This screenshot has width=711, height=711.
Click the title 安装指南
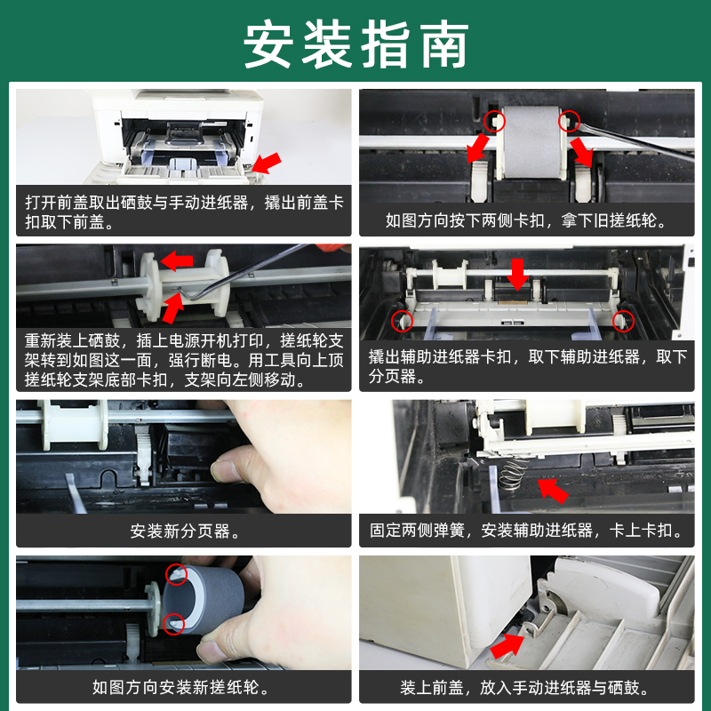click(x=356, y=44)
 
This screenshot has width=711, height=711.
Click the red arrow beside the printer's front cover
click(x=266, y=164)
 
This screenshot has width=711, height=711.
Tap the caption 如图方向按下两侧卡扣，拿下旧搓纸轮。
click(x=526, y=220)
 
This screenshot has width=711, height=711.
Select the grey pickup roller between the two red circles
click(x=531, y=142)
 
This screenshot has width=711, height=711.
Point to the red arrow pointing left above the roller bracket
click(x=177, y=261)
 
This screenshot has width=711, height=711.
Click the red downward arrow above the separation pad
click(x=517, y=274)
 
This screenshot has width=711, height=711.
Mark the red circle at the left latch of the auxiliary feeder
click(x=402, y=321)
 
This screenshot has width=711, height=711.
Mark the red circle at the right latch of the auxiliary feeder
click(x=624, y=321)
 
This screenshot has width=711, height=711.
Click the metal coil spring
click(x=513, y=475)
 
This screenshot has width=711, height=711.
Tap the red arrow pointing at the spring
click(x=553, y=491)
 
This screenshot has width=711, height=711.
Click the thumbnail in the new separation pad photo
click(x=222, y=471)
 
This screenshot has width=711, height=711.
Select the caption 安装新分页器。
click(x=184, y=531)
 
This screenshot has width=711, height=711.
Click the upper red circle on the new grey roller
click(x=176, y=574)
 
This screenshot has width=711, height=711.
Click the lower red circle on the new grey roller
click(x=173, y=624)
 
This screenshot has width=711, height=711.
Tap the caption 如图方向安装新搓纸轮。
click(x=181, y=687)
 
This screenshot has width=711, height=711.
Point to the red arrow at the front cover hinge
click(x=507, y=645)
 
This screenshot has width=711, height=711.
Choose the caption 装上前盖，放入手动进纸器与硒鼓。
click(x=526, y=687)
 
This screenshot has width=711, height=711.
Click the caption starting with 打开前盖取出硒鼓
click(x=184, y=212)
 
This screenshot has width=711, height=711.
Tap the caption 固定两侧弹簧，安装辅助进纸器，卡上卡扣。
click(x=526, y=530)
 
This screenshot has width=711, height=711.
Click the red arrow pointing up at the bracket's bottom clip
click(x=172, y=308)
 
